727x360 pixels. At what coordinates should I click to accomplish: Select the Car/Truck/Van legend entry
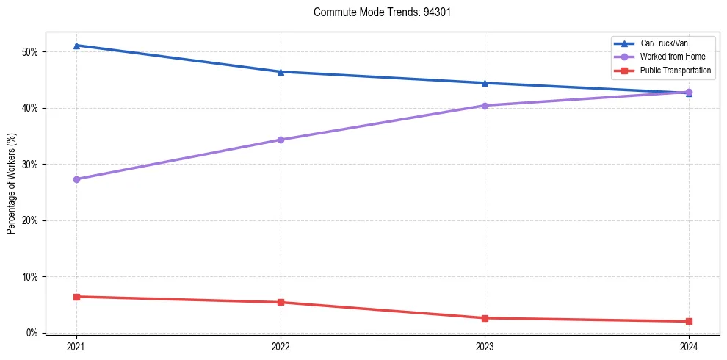click(x=664, y=43)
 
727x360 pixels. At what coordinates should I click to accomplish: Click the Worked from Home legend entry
click(x=671, y=57)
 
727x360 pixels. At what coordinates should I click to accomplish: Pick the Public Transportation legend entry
click(x=675, y=71)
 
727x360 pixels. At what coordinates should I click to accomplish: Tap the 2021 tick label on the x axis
click(x=76, y=346)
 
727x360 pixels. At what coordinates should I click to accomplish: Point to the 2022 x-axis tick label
click(x=281, y=346)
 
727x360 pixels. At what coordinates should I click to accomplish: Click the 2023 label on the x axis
click(x=485, y=346)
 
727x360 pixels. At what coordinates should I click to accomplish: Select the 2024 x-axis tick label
click(x=689, y=346)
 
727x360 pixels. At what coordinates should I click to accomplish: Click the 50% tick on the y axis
click(x=31, y=52)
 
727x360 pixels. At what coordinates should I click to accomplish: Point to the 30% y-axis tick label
click(x=31, y=165)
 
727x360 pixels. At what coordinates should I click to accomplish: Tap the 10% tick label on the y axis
click(x=31, y=277)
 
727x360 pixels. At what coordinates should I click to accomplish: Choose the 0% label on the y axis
click(x=33, y=333)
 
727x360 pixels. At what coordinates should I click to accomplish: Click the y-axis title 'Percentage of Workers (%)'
click(x=12, y=183)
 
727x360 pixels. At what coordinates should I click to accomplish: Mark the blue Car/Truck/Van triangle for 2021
click(x=76, y=46)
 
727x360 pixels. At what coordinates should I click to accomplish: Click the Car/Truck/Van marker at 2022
click(x=281, y=72)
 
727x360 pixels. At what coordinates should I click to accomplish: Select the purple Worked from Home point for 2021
click(x=76, y=179)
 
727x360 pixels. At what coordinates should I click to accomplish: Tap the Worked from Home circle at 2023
click(x=485, y=106)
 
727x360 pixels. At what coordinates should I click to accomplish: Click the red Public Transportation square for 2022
click(x=281, y=302)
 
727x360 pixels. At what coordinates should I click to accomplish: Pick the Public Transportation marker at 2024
click(x=689, y=321)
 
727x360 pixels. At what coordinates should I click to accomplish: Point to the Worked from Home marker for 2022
click(x=281, y=140)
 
